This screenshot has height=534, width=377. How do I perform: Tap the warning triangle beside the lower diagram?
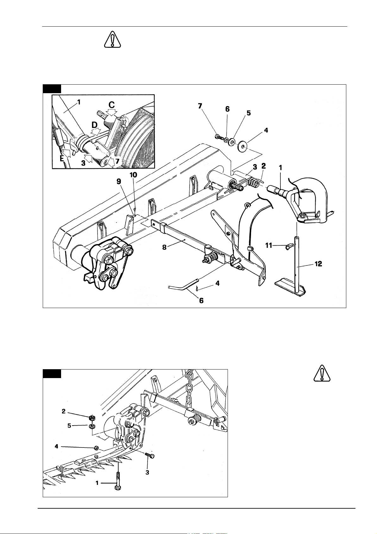tap(322, 373)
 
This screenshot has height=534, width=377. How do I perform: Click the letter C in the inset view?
tap(111, 105)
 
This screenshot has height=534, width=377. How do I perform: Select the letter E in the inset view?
tap(62, 158)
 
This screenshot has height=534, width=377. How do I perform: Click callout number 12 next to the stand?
tap(318, 264)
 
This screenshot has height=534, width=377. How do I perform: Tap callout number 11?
tap(269, 245)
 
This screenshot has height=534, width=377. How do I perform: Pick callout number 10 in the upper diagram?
tap(133, 175)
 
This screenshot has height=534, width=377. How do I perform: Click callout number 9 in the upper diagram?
tap(119, 182)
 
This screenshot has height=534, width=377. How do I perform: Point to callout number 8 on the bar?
tap(164, 247)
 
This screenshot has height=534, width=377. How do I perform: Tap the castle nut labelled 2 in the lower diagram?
tap(91, 418)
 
